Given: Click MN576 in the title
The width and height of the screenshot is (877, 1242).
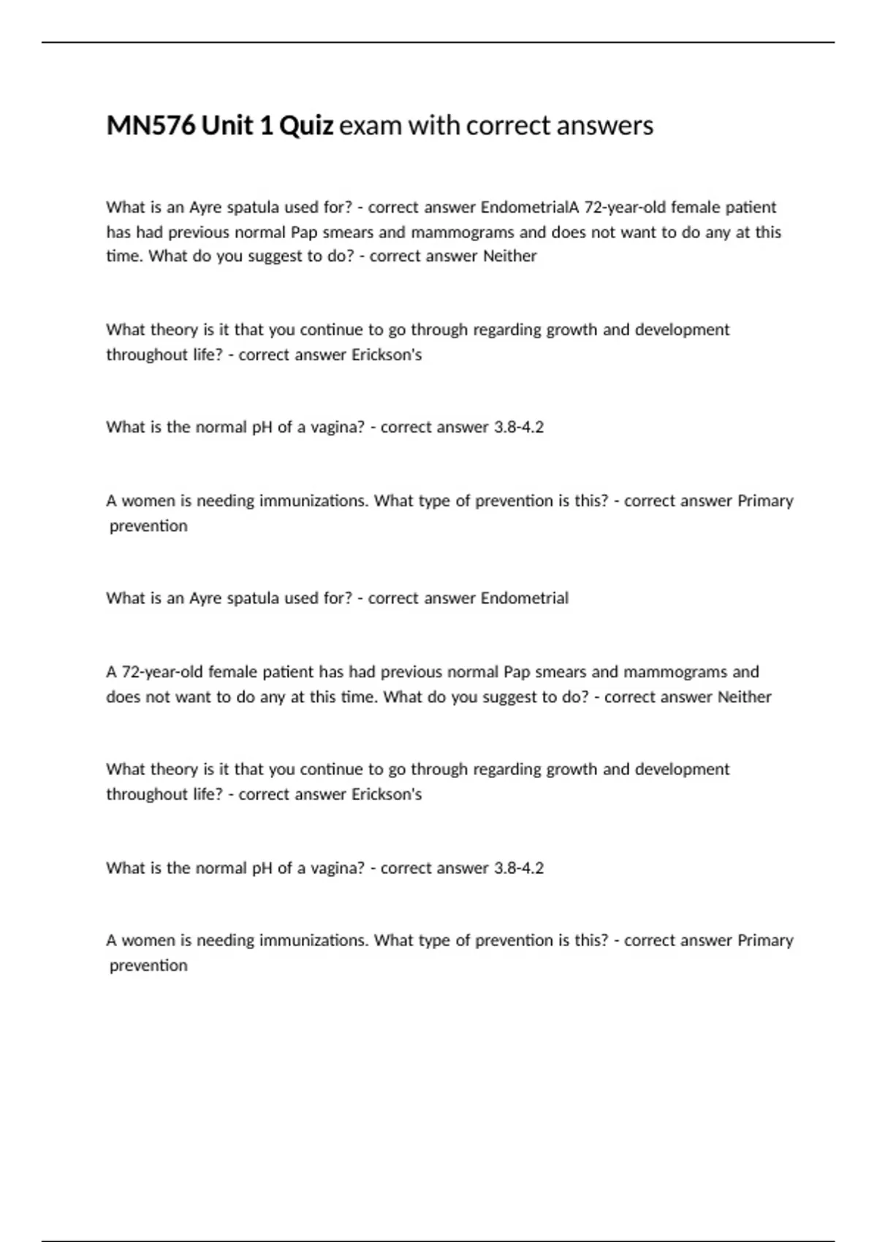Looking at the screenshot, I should point(151,126).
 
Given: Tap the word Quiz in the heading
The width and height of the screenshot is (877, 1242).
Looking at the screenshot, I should point(307,126).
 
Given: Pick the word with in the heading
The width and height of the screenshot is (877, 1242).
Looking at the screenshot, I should point(433,126).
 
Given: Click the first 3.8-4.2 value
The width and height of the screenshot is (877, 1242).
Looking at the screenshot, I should point(519,427).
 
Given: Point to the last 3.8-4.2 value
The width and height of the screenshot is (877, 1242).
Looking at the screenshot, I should point(519,868).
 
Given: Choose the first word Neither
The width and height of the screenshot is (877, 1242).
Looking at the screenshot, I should point(510,256).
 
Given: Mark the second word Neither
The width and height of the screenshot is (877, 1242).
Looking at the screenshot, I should point(744,697).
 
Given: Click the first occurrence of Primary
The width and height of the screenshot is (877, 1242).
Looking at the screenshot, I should point(765,501).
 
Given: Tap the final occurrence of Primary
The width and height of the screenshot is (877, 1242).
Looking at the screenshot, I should point(765,940).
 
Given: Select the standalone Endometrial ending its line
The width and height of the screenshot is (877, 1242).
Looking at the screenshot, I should point(524,598).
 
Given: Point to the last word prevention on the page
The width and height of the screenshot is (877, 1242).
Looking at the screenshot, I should point(148,965).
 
